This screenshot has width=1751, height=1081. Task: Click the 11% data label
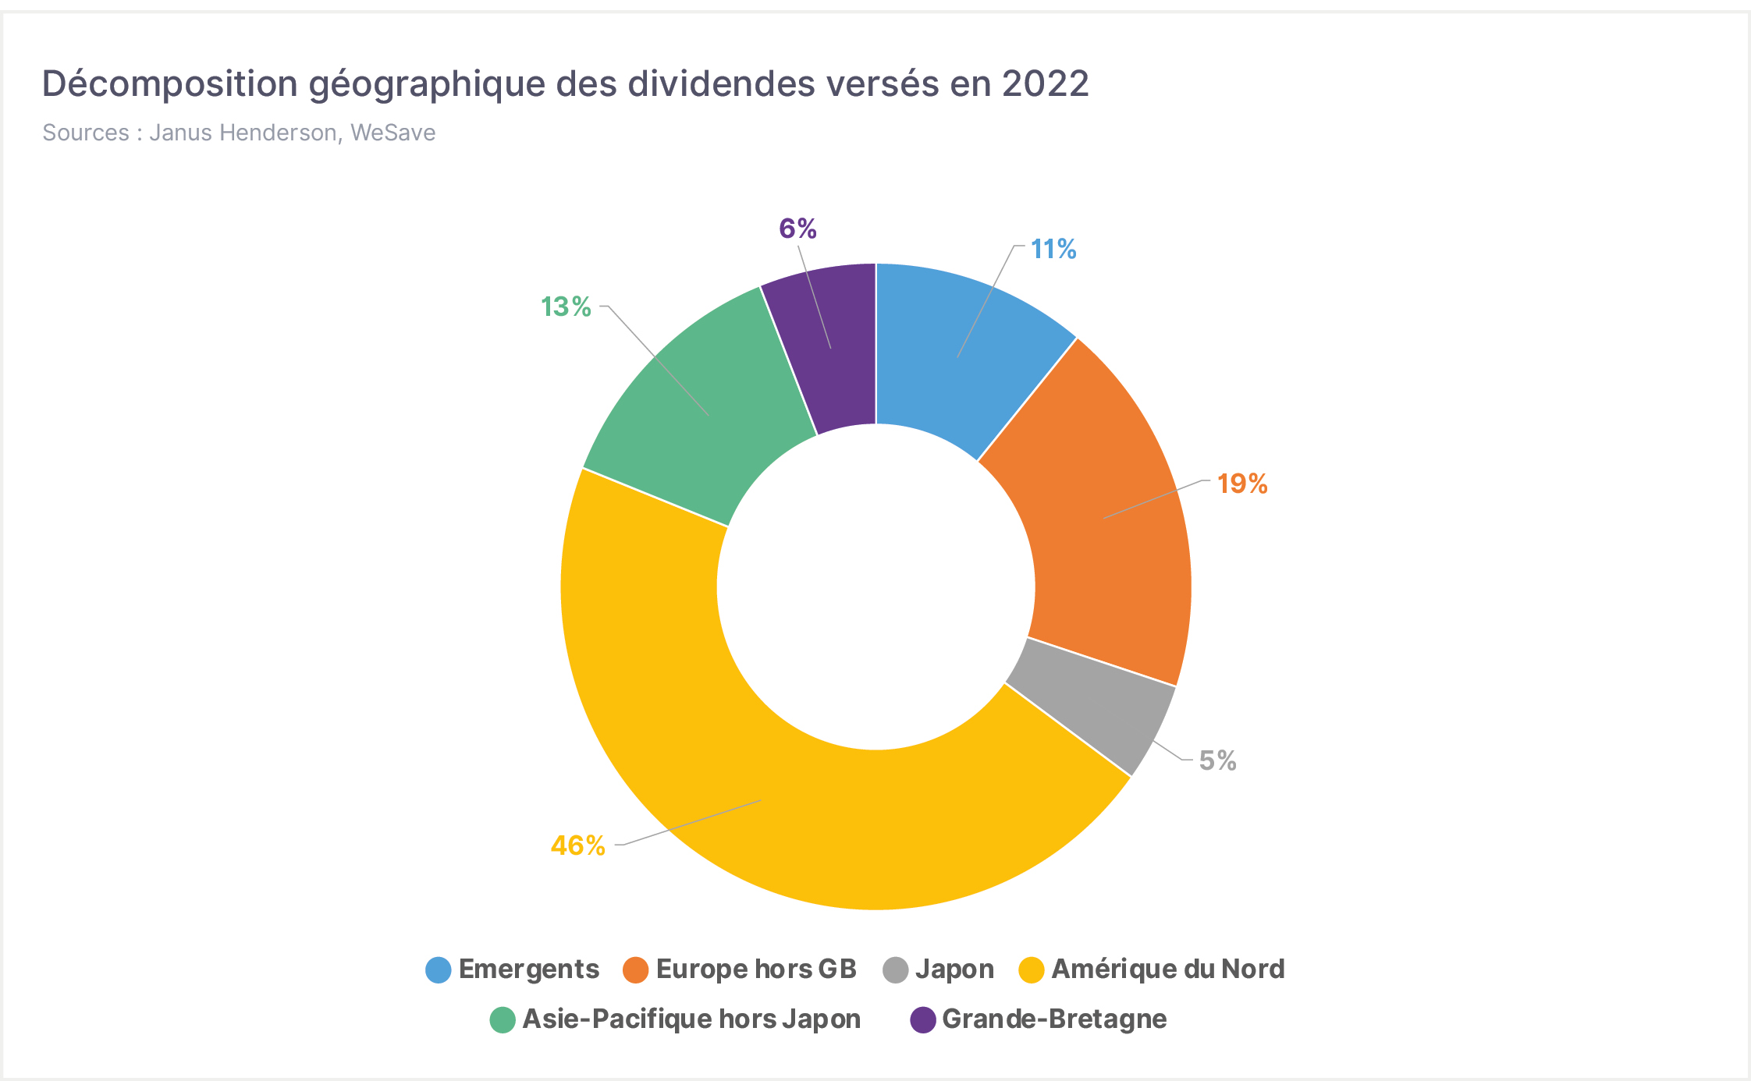(1053, 250)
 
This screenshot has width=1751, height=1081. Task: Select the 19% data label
(1242, 484)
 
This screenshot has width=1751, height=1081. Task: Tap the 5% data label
(1217, 760)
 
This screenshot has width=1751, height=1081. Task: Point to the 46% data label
(578, 845)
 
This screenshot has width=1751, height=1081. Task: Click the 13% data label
(566, 307)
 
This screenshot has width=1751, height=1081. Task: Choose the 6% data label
(797, 229)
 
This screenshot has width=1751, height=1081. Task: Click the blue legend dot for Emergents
(439, 969)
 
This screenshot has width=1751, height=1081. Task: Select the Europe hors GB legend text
(756, 969)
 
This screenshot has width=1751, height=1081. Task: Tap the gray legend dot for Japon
(896, 969)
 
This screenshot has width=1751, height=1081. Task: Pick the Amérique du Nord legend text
(1168, 969)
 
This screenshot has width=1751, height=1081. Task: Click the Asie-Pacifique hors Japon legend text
(691, 1019)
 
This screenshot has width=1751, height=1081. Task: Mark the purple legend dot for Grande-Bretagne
(923, 1019)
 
